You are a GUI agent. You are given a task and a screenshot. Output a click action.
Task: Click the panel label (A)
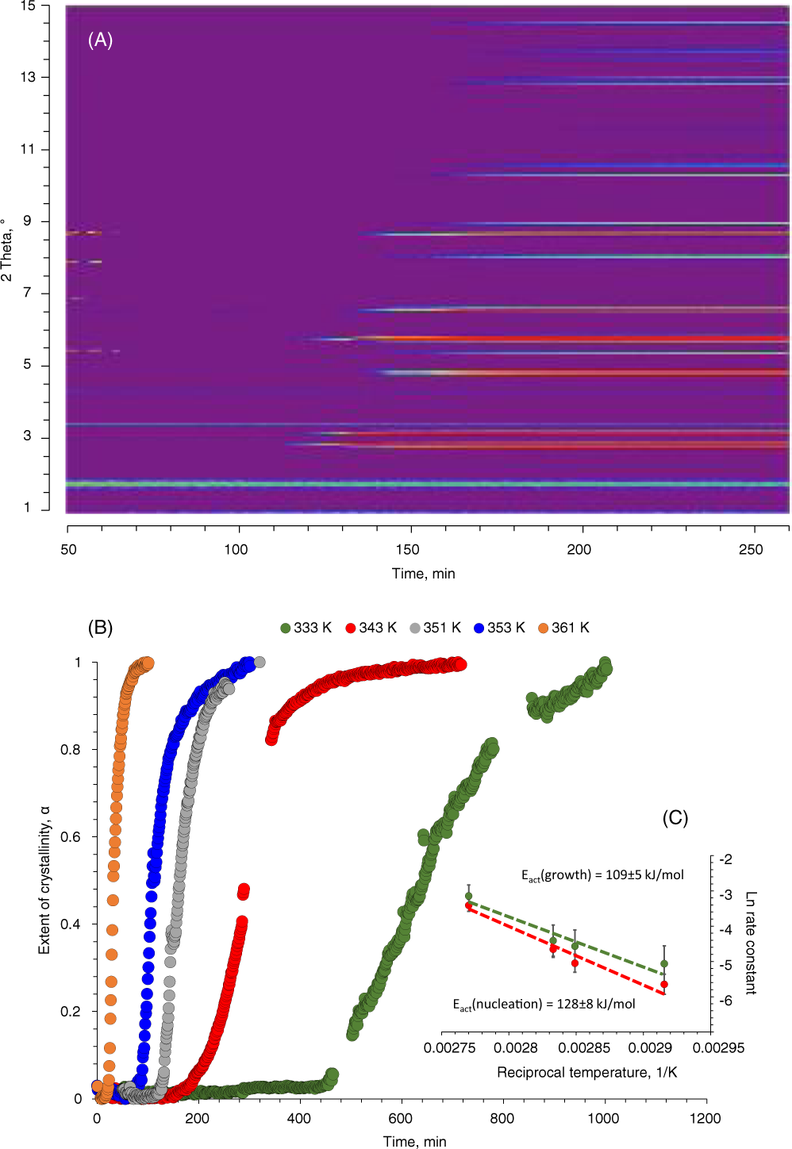[100, 40]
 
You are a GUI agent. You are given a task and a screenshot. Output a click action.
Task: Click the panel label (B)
[100, 628]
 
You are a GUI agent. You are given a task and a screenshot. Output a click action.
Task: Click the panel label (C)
[675, 818]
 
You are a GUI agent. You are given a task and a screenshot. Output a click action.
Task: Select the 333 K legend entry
[306, 628]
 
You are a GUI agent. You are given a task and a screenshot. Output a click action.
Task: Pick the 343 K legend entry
[371, 628]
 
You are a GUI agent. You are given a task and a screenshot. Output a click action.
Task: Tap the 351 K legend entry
[435, 628]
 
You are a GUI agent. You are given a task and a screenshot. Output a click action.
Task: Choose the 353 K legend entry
[499, 628]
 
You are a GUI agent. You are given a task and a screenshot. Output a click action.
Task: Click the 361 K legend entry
[563, 628]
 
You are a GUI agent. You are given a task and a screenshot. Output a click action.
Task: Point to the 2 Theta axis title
[7, 251]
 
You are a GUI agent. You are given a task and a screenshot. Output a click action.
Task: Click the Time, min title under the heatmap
[423, 574]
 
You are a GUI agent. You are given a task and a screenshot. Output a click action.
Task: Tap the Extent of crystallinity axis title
[44, 879]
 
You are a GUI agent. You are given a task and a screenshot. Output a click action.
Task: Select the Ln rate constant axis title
[750, 943]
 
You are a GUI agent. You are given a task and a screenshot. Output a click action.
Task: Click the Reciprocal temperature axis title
[586, 1073]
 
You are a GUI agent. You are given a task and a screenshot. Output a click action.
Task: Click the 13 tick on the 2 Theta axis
[28, 77]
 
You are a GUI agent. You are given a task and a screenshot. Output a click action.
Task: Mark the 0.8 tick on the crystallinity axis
[71, 750]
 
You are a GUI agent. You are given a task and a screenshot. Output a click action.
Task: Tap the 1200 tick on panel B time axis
[705, 1118]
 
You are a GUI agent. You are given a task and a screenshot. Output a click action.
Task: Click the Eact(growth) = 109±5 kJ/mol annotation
[602, 875]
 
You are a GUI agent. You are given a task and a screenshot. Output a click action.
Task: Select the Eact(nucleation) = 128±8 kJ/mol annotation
[544, 1005]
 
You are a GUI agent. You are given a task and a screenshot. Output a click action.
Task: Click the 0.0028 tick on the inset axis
[516, 1047]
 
